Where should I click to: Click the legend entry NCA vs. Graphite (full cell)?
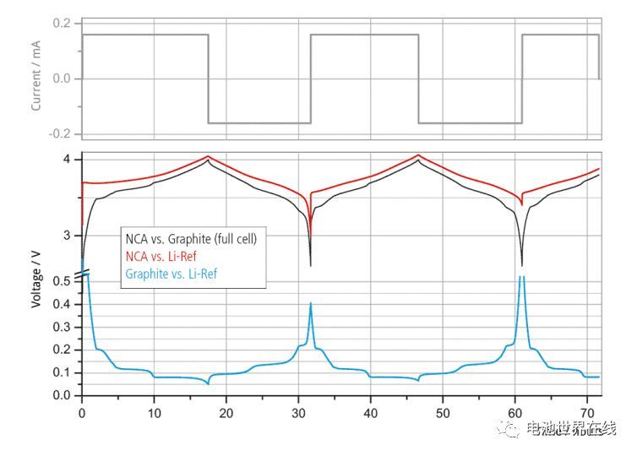point(190,240)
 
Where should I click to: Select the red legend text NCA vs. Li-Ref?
point(163,257)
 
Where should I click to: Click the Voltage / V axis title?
point(36,278)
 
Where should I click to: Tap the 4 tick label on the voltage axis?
point(68,160)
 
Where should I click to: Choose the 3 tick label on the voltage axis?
point(68,236)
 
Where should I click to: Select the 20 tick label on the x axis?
point(226,413)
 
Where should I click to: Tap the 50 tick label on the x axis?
point(443,413)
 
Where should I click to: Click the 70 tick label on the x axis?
point(587,413)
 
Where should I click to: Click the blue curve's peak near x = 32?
point(311,303)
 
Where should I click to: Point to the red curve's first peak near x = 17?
point(208,156)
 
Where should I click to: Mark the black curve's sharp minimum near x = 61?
point(521,265)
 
